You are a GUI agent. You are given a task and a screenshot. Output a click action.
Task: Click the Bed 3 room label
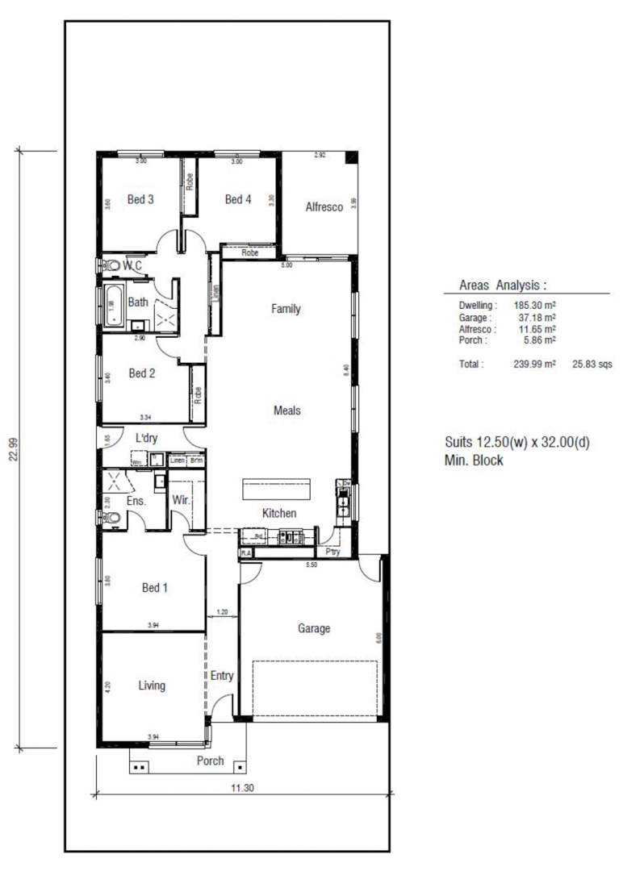pos(140,200)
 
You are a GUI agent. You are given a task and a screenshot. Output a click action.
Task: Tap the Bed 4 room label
pos(238,200)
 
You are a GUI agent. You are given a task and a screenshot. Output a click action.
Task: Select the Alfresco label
pos(324,207)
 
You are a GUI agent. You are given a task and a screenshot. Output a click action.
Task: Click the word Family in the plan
pos(286,308)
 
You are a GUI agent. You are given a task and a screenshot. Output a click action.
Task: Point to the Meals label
pos(286,410)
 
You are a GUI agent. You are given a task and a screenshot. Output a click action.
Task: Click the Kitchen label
pos(279,514)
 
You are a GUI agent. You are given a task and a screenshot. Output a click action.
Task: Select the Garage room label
pos(314,629)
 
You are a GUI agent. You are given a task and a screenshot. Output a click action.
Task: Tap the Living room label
pos(152,686)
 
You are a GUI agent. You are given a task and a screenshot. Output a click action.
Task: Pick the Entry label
pos(222,676)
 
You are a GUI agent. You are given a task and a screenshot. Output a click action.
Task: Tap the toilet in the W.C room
pos(111,265)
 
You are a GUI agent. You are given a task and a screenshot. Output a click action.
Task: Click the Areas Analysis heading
pos(503,285)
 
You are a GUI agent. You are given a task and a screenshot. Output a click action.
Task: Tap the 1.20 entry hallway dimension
pos(223,612)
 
